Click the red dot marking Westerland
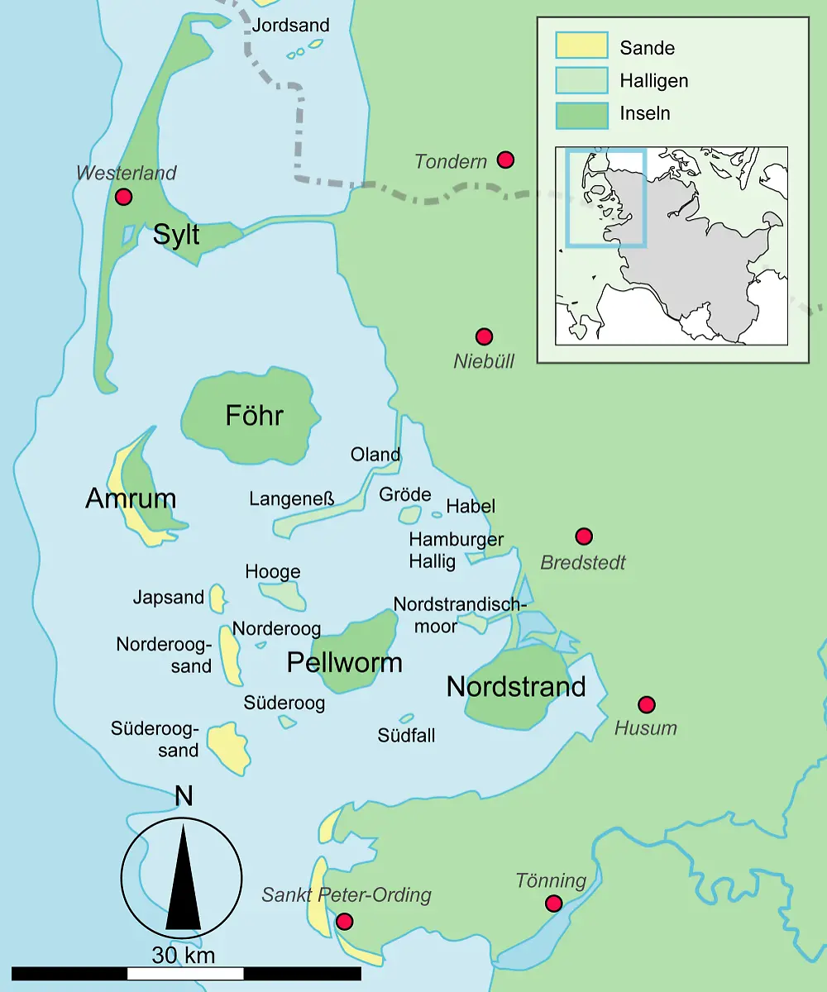[x=124, y=197]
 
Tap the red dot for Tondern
[x=505, y=160]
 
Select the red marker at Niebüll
[x=485, y=336]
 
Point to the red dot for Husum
[x=647, y=704]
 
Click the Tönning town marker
[x=554, y=904]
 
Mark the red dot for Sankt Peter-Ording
[x=345, y=921]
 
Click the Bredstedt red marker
[x=584, y=537]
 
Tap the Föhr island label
[x=254, y=416]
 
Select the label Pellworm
[x=344, y=662]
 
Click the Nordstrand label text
[x=516, y=686]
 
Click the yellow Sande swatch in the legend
[x=581, y=46]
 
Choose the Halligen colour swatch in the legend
[x=581, y=80]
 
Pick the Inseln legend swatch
[x=581, y=113]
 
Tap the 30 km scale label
[x=183, y=956]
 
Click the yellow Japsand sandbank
[x=217, y=598]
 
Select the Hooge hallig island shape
[x=284, y=594]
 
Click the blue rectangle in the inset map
[x=605, y=198]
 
